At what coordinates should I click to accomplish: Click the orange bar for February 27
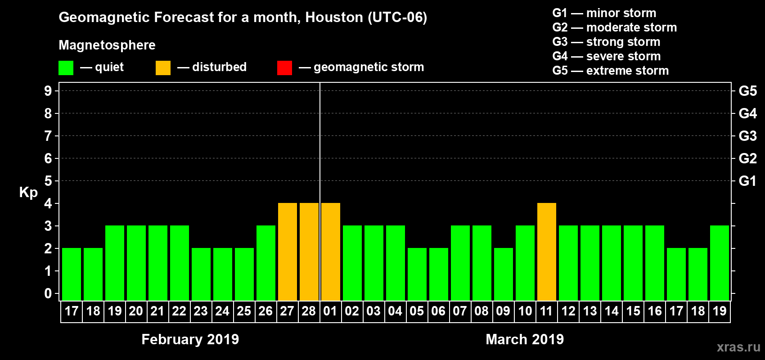pos(288,252)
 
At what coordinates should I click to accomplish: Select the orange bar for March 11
pos(547,252)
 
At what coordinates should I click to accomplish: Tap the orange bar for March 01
pos(331,252)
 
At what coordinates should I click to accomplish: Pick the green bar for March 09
pos(504,274)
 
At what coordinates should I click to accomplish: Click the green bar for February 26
pos(266,263)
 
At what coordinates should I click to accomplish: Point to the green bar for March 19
pos(720,263)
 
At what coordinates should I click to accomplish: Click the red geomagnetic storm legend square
pos(284,68)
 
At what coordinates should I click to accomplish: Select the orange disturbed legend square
pos(163,68)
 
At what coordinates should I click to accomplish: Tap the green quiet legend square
pos(66,68)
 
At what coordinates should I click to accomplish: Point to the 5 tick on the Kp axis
pos(48,181)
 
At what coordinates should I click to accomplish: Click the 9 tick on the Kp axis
pos(48,91)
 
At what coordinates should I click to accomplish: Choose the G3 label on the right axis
pos(747,136)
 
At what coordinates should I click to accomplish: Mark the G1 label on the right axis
pos(747,181)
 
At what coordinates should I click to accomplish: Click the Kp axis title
pos(28,193)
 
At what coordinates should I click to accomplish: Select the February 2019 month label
pos(190,339)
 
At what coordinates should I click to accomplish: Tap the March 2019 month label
pos(525,339)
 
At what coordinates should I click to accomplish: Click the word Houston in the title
pos(334,18)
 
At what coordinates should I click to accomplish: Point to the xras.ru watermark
pos(738,347)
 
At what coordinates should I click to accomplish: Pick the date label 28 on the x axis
pos(309,311)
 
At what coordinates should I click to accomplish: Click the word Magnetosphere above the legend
pos(107,45)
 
